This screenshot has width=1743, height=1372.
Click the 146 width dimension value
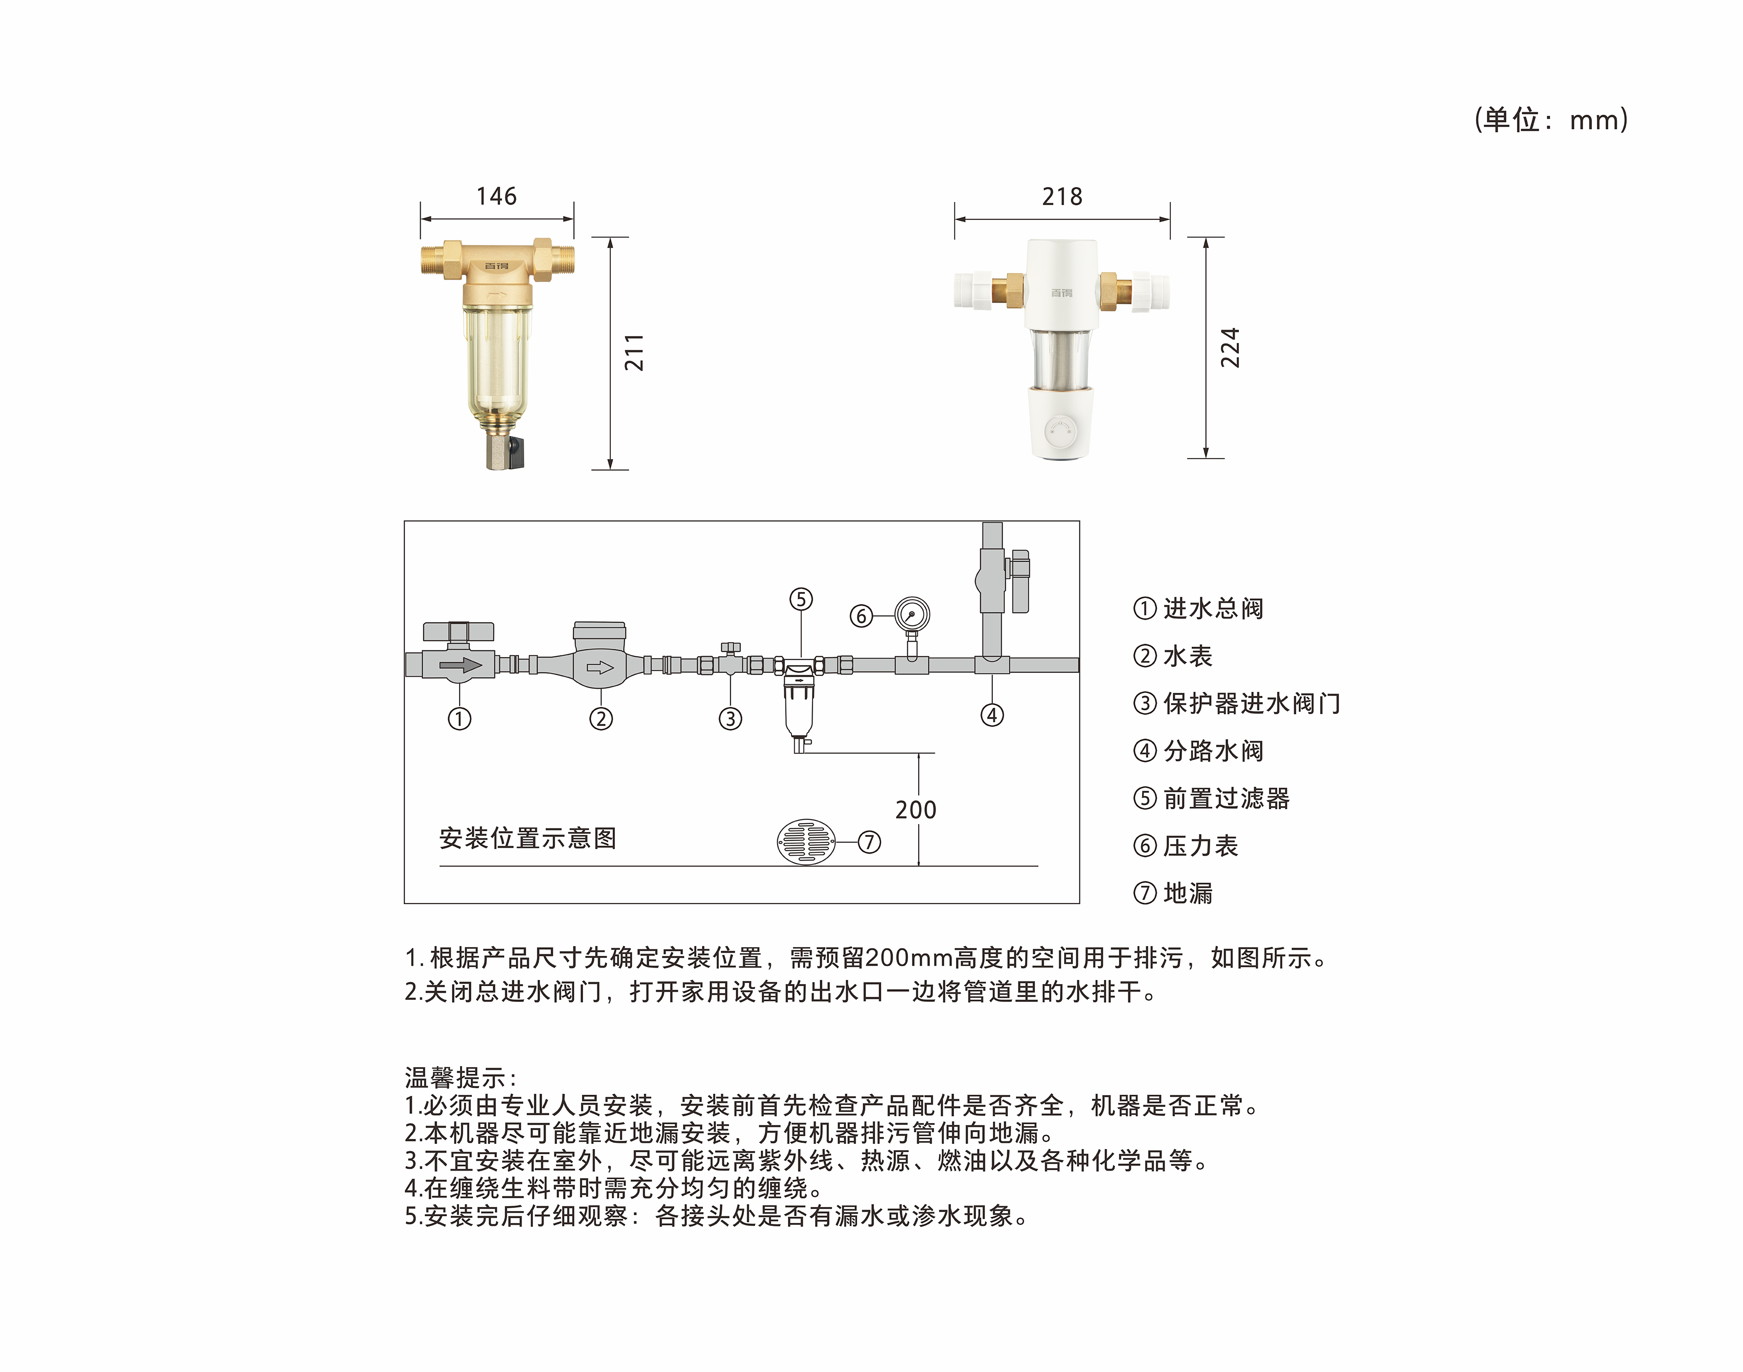496,196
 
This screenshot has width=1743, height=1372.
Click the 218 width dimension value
1062,196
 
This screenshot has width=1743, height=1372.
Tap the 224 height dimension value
1230,347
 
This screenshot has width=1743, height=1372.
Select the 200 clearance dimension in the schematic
915,810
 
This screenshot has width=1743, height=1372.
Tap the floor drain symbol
806,842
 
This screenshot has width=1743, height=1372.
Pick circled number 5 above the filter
800,599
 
